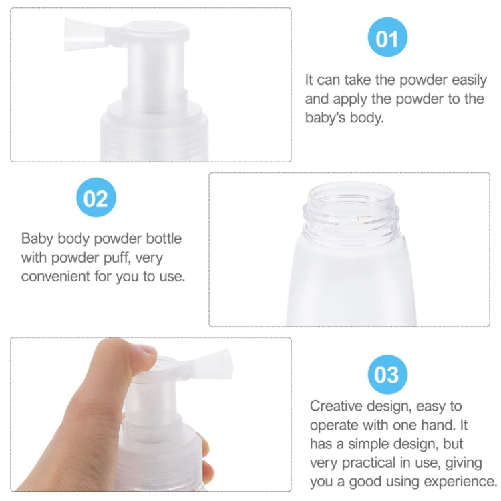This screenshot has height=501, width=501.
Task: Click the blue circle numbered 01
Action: (387, 38)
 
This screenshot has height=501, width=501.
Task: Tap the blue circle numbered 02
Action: (96, 198)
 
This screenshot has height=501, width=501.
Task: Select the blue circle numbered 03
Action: (387, 373)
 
